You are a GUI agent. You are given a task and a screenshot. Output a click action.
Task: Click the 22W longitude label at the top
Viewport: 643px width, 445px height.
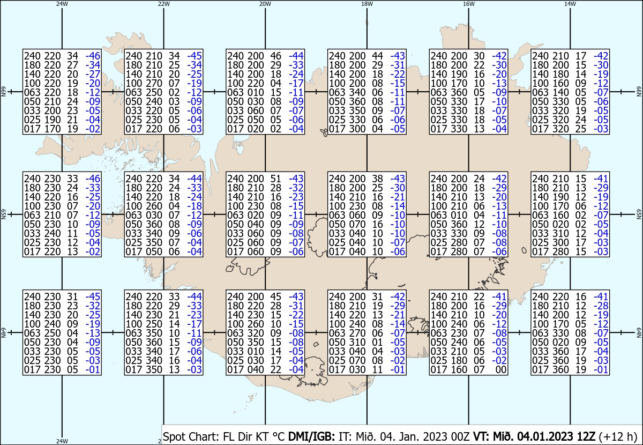pyautogui.click(x=164, y=4)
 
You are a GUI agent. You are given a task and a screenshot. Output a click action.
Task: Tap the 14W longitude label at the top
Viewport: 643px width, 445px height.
pyautogui.click(x=570, y=4)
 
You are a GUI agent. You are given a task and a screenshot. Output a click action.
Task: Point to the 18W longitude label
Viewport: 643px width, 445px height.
pyautogui.click(x=367, y=4)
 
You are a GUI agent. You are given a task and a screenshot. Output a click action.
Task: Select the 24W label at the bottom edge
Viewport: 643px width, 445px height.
pyautogui.click(x=62, y=441)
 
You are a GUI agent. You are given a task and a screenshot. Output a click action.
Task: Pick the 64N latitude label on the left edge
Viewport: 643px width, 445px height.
pyautogui.click(x=3, y=333)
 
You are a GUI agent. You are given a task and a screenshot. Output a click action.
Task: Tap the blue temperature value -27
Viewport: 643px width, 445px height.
pyautogui.click(x=94, y=74)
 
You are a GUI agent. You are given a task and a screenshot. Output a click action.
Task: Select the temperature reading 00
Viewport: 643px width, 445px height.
pyautogui.click(x=500, y=370)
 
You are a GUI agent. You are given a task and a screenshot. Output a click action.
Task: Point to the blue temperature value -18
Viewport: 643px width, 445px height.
pyautogui.click(x=195, y=206)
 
